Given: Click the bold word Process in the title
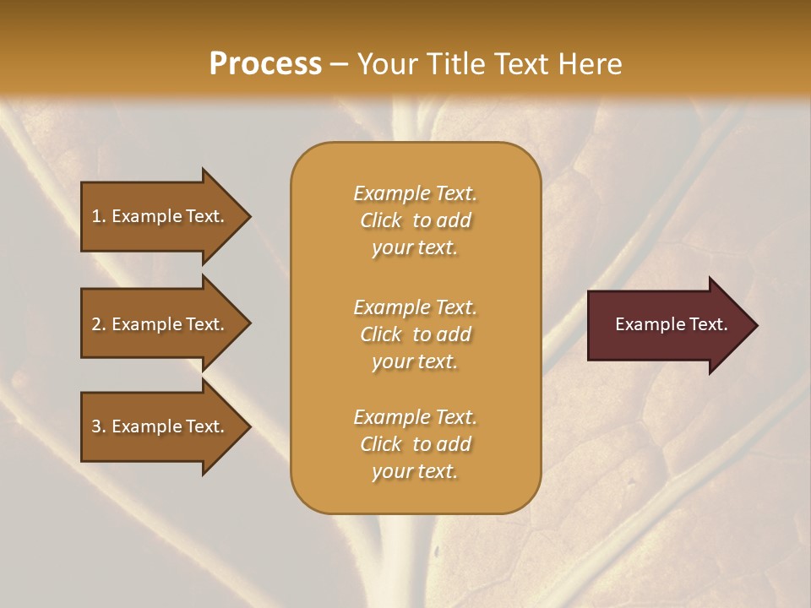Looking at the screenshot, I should tap(265, 64).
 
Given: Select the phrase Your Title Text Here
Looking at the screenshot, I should tap(489, 64).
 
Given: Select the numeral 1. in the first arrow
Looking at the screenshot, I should tap(99, 216).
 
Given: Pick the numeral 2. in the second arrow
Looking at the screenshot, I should tap(99, 324).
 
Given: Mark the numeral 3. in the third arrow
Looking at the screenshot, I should tap(99, 426).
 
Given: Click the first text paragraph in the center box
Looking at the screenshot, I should tap(415, 220).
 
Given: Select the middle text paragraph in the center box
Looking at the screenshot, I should tap(415, 334).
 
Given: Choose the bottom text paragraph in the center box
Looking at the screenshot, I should tap(415, 444).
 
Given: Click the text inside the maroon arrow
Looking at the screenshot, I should tap(672, 324).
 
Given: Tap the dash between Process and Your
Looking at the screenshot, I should tap(340, 65).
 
